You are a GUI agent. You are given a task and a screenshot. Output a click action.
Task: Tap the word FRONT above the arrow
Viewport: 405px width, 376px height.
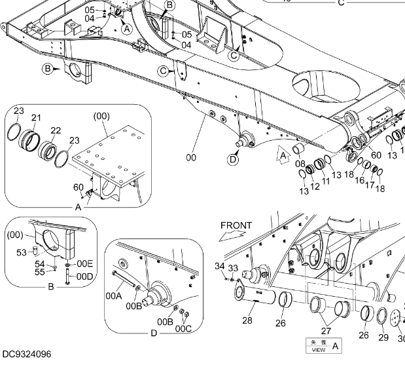click(x=236, y=226)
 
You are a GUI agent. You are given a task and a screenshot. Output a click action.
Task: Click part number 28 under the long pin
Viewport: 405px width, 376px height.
click(x=247, y=320)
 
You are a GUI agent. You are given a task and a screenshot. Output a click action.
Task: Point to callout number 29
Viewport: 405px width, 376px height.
click(x=383, y=338)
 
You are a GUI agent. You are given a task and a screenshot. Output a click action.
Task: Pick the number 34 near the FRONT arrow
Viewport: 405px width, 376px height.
click(x=219, y=265)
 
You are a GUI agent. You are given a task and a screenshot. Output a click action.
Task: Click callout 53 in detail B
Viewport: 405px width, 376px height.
click(x=22, y=251)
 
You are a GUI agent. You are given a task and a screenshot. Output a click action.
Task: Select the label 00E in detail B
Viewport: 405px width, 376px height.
click(x=85, y=263)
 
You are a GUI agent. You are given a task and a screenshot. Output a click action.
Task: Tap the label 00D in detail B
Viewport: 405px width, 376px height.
click(x=85, y=276)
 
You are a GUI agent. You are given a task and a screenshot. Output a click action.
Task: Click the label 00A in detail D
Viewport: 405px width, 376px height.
click(x=114, y=296)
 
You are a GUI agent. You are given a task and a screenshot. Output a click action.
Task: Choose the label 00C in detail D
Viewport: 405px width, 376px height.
click(x=184, y=329)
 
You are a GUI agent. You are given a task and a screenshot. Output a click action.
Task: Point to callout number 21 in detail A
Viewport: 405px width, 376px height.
click(x=36, y=118)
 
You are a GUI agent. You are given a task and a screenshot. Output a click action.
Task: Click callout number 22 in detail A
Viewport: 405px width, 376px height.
click(x=56, y=131)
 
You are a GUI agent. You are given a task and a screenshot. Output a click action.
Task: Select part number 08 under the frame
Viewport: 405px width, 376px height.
click(x=300, y=164)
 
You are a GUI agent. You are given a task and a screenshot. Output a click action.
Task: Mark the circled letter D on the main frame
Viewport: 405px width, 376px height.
click(x=233, y=158)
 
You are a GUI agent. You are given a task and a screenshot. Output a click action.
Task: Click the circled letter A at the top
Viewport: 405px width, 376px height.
click(x=126, y=29)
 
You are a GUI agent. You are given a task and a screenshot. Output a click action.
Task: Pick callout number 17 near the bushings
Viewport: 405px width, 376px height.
click(x=370, y=185)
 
